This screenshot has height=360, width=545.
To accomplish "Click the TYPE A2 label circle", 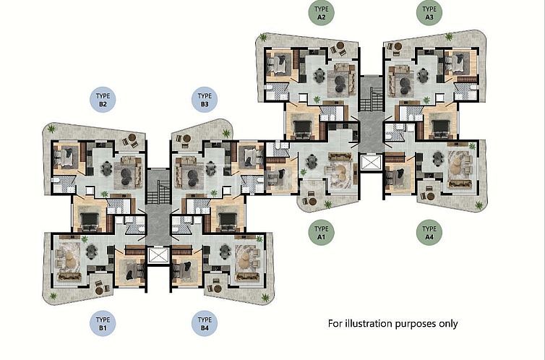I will pyautogui.click(x=322, y=13).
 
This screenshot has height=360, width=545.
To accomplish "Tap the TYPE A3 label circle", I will pyautogui.click(x=429, y=13).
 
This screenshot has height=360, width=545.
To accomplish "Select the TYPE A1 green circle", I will pyautogui.click(x=322, y=233).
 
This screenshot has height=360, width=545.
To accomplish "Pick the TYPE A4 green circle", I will pyautogui.click(x=429, y=233).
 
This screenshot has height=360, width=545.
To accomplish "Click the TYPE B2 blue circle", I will pyautogui.click(x=103, y=100).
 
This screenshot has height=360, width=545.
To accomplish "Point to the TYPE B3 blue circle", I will pyautogui.click(x=205, y=100).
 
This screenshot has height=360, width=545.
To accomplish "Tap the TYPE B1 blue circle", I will pyautogui.click(x=103, y=323).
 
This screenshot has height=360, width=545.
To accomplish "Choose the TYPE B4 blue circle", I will pyautogui.click(x=205, y=323).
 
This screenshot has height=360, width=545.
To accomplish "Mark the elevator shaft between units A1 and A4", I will pyautogui.click(x=369, y=163).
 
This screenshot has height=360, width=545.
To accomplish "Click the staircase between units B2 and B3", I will pyautogui.click(x=158, y=188).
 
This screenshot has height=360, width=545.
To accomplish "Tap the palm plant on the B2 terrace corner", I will pyautogui.click(x=51, y=129).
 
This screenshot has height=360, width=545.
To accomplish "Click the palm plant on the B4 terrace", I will pyautogui.click(x=265, y=297).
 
